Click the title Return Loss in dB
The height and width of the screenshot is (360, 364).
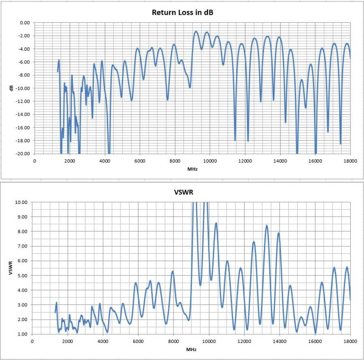pos(182,12)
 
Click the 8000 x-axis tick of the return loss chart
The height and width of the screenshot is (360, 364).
pos(175,161)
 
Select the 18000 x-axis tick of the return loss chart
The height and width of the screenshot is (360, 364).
pos(350,161)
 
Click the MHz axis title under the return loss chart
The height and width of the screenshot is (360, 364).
pos(191,168)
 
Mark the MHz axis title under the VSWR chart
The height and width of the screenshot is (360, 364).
pos(191,349)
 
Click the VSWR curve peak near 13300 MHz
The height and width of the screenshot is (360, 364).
pos(267,225)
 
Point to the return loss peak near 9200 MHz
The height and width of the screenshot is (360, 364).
pos(196,31)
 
